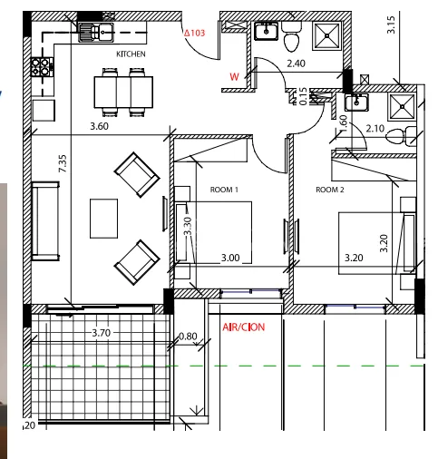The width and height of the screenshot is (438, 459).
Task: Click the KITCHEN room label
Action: coord(131,54)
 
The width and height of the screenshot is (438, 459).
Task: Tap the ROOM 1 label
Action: coord(224,190)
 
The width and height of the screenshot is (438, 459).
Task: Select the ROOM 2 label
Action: coord(330,190)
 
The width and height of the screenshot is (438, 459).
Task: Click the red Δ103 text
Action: coord(195,33)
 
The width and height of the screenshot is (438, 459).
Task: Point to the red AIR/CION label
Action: coord(244,327)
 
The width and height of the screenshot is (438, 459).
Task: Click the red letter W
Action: coord(234,77)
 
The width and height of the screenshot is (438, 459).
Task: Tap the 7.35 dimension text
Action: coord(63,163)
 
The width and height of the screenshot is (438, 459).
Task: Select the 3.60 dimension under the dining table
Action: coord(99,126)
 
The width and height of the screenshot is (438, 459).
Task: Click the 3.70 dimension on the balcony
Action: coord(102,333)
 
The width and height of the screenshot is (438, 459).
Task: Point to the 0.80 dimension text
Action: coord(188,337)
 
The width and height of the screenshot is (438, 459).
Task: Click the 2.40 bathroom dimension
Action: coord(296,63)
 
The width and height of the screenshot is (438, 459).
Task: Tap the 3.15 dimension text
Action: coord(391,24)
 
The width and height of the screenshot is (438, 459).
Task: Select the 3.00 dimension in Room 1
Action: coord(230,258)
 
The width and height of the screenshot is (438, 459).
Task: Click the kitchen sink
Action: coord(96,33)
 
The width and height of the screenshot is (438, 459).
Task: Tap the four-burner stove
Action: coord(42,67)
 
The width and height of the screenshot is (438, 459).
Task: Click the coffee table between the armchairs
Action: coord(103,219)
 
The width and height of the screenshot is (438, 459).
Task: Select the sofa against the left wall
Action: coord(45,221)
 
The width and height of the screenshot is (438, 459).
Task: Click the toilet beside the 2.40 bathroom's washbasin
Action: coord(292,38)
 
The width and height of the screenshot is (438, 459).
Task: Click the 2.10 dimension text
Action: coord(375,129)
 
